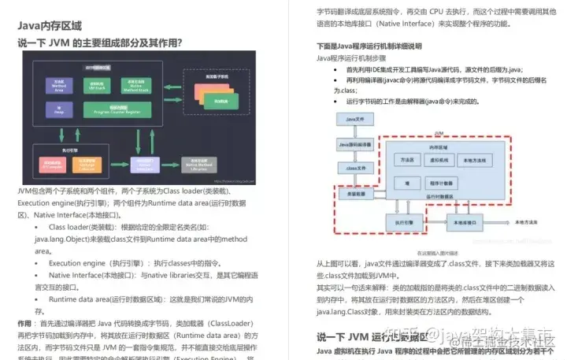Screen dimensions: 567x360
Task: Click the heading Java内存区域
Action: (x=50, y=25)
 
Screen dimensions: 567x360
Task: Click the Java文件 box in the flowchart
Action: (x=353, y=119)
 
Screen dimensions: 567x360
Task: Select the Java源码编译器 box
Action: (x=354, y=145)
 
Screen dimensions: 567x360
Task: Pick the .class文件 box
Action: (x=353, y=169)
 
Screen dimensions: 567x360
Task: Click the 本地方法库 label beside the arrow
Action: (x=527, y=223)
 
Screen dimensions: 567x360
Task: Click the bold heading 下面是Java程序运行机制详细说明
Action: (x=369, y=46)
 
